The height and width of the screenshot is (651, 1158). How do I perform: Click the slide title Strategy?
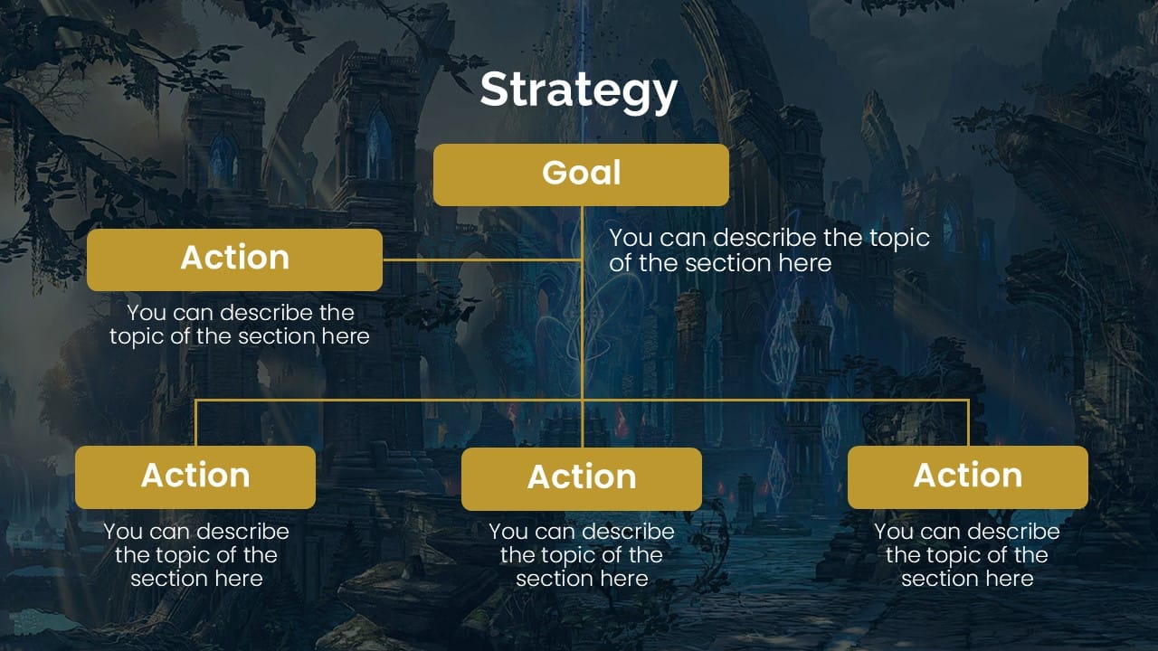[578, 90]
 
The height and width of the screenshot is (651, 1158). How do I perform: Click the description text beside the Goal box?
[769, 250]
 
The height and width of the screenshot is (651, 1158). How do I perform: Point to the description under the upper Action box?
[240, 325]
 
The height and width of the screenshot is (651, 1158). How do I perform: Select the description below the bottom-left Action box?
[196, 555]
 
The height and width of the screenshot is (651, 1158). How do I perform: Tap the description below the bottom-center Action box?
[582, 555]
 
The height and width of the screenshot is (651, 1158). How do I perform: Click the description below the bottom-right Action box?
[967, 555]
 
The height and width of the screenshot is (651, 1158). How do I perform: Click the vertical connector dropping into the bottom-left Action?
[196, 423]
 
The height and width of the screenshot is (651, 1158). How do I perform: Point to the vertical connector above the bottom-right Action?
[968, 423]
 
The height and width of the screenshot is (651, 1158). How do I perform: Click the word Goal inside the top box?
[582, 173]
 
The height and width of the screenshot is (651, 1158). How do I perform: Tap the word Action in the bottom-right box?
[967, 476]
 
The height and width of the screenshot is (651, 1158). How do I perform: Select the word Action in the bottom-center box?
[582, 477]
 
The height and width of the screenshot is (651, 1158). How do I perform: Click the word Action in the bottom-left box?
[195, 476]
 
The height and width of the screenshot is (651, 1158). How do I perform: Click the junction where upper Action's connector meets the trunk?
[582, 259]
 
